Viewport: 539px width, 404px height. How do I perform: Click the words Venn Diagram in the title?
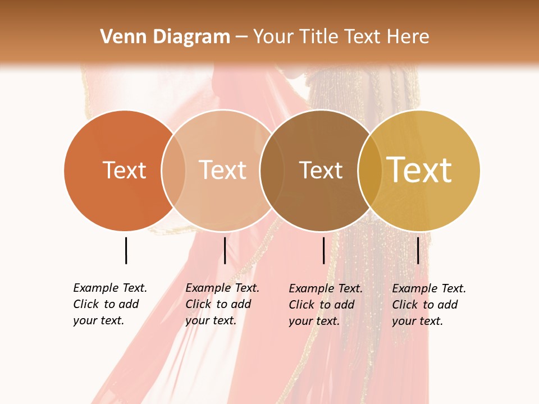165,37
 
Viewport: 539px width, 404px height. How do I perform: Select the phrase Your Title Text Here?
341,37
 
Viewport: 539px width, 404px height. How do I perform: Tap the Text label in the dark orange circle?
124,171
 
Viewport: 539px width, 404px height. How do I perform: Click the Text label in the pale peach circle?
223,171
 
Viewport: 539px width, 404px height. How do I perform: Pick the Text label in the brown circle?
321,171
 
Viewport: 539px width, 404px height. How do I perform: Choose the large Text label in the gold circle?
419,170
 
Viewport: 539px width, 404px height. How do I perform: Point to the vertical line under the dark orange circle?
126,250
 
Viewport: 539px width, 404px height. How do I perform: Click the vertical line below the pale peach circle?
225,250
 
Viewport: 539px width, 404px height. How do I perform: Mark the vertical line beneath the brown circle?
323,250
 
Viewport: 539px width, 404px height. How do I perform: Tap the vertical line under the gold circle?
418,250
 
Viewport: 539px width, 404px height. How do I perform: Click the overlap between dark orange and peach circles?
173,171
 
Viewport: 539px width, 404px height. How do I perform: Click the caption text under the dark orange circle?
110,304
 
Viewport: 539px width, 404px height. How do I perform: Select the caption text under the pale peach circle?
222,304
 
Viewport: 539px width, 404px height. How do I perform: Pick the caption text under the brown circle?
326,305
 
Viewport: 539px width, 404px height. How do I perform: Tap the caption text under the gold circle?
429,305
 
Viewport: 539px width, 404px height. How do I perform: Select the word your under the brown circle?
300,321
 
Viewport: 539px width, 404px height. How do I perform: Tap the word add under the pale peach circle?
240,304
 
